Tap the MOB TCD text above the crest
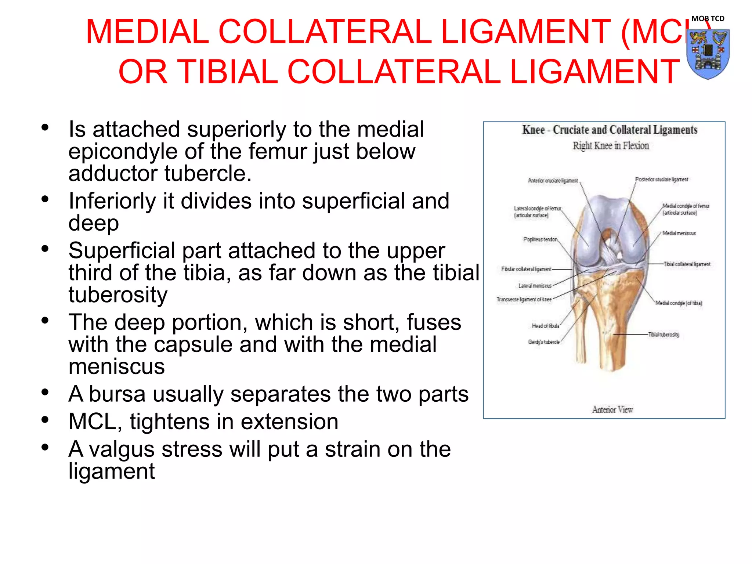pos(708,18)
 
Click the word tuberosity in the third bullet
pos(118,295)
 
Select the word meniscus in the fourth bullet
pos(117,366)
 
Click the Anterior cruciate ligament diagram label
pos(553,181)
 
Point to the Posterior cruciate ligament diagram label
pos(662,180)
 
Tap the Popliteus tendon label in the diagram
pos(540,239)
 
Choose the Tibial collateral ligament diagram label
pos(687,264)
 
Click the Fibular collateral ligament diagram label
pos(526,269)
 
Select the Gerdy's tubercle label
pos(544,342)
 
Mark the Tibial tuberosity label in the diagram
pos(664,335)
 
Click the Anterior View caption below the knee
pos(612,409)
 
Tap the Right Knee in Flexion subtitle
pos(611,146)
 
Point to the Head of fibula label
pos(546,326)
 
